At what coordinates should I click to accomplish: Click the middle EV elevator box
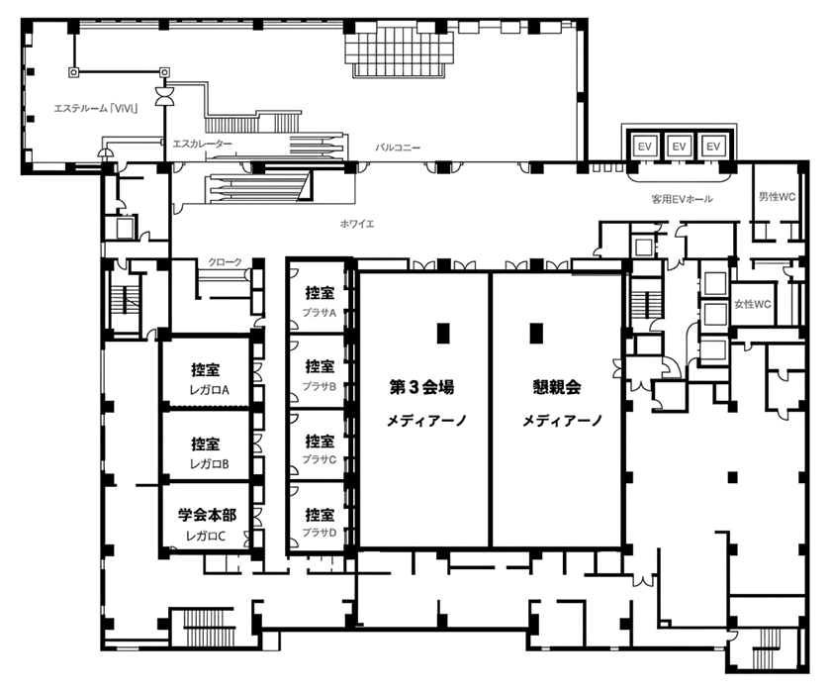[679, 146]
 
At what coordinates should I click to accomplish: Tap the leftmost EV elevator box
[644, 146]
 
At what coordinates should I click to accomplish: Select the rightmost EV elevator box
[713, 146]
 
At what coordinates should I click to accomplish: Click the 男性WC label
[777, 197]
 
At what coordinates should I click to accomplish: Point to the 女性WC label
[752, 304]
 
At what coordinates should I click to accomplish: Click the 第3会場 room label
[421, 387]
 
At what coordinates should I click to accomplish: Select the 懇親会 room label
[556, 387]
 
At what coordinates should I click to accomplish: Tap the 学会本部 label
[207, 515]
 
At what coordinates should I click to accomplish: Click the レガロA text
[210, 390]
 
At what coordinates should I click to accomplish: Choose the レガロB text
[210, 464]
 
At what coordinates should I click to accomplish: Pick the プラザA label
[319, 313]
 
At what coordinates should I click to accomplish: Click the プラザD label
[319, 533]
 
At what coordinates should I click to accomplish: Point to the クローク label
[225, 262]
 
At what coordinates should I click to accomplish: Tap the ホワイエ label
[357, 224]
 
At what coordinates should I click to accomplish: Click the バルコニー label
[398, 148]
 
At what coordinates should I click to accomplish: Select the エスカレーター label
[203, 144]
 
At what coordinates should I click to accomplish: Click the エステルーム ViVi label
[96, 109]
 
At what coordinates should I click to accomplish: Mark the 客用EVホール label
[682, 199]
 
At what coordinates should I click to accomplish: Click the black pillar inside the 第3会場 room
[443, 333]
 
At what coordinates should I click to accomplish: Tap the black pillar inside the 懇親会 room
[536, 333]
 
